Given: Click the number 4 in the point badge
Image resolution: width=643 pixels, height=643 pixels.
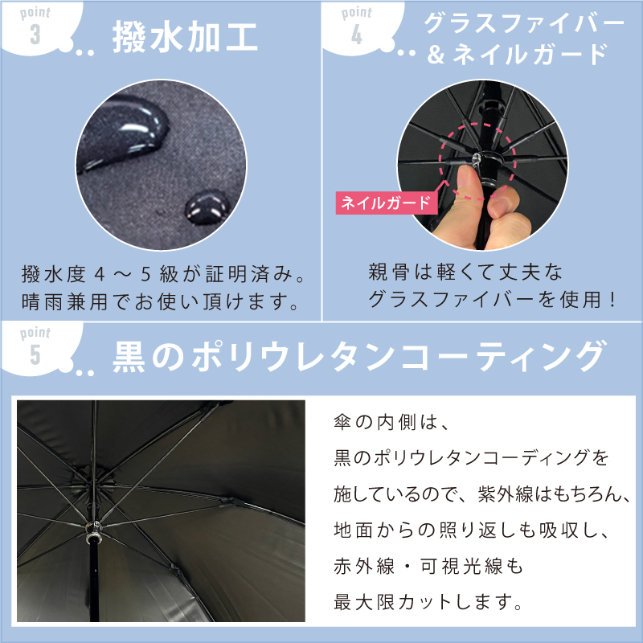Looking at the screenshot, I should click(x=357, y=34).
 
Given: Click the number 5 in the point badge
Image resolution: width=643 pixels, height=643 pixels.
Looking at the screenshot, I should click(x=35, y=354).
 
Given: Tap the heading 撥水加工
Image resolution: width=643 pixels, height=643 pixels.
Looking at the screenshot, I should click(x=185, y=39).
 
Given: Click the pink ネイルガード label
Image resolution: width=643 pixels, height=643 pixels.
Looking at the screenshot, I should click(x=385, y=203).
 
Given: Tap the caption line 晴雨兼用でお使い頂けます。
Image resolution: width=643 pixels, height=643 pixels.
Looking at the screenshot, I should click(x=161, y=305).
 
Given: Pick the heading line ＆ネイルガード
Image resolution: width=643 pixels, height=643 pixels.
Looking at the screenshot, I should click(x=526, y=55).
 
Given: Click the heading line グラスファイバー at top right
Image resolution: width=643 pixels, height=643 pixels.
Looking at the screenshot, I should click(x=523, y=23).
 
